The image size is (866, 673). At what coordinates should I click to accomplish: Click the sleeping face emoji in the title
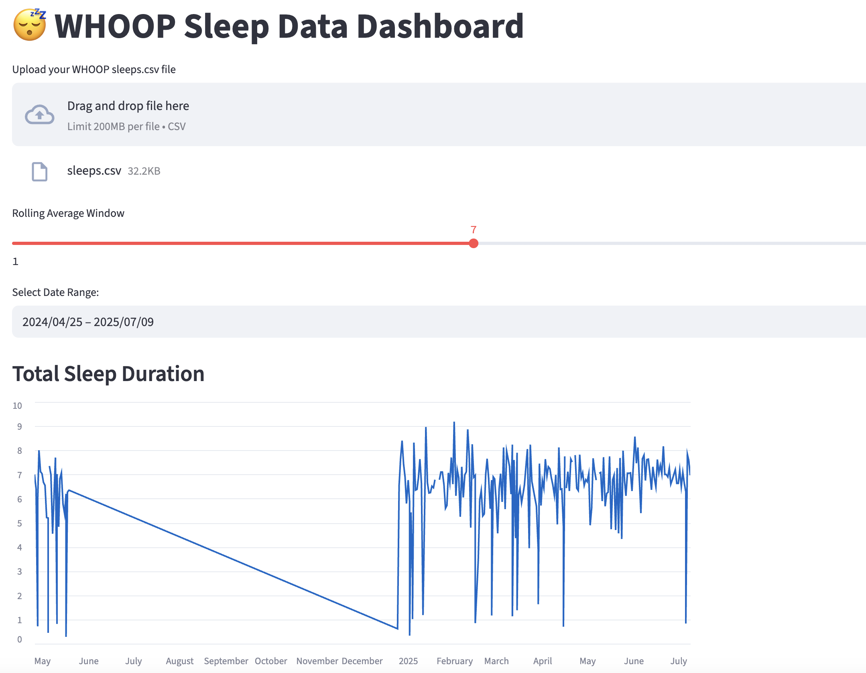pos(29,25)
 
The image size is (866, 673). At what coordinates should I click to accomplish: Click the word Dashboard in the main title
pos(440,27)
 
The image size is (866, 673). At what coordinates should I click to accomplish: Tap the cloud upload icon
pos(39,115)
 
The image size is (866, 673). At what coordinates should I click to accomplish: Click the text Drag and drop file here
pos(128,106)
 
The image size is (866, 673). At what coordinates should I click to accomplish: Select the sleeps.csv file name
pos(94,171)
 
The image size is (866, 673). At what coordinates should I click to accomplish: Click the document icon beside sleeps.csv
pos(39,171)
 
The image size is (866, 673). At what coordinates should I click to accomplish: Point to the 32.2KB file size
pos(144,171)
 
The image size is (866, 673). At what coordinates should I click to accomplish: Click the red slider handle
pos(474,243)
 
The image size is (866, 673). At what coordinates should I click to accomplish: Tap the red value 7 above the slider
pos(474,230)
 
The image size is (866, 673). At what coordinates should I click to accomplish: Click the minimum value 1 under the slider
pos(15,261)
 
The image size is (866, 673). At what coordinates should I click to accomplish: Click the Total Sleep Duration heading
pos(108,374)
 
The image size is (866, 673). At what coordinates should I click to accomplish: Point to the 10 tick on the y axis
pos(17,406)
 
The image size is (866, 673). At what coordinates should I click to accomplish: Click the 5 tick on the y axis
pos(19,523)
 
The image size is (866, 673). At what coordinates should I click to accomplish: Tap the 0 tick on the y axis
pos(19,639)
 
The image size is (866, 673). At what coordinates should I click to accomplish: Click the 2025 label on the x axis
pos(408,661)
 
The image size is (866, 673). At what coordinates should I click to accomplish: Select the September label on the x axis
pos(226,661)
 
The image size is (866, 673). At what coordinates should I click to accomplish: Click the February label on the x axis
pos(454,661)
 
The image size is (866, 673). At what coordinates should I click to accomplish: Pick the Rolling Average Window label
pos(68,213)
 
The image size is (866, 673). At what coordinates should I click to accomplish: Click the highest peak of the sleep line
pos(454,422)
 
